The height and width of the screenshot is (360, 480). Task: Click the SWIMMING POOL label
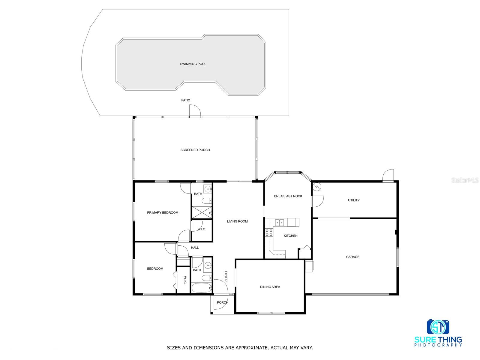coord(193,64)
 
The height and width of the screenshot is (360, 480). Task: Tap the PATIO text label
coord(186,100)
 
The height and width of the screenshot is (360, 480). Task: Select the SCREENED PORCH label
coord(195,150)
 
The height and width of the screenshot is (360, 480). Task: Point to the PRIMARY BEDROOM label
coord(163,212)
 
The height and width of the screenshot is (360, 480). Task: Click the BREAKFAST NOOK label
coord(288,196)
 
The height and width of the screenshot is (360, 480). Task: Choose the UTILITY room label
coord(354,200)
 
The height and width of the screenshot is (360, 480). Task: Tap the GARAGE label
coord(352,257)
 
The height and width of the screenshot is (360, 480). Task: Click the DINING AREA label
coord(270,287)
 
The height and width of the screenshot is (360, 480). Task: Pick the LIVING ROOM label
coord(237,221)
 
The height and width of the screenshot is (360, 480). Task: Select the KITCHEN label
coord(290,235)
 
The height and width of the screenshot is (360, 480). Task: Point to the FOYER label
coord(226,276)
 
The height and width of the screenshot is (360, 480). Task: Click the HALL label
coord(195,248)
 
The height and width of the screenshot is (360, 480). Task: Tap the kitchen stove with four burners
coord(269,232)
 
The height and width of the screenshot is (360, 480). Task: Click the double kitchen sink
coord(280,223)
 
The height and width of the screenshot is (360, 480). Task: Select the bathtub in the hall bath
coord(202,288)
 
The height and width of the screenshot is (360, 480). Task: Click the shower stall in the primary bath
coord(202,212)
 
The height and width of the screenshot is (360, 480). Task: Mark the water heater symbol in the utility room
coord(316,187)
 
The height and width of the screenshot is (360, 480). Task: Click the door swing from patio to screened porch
coord(195,111)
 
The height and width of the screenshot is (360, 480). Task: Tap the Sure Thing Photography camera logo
coord(438,327)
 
